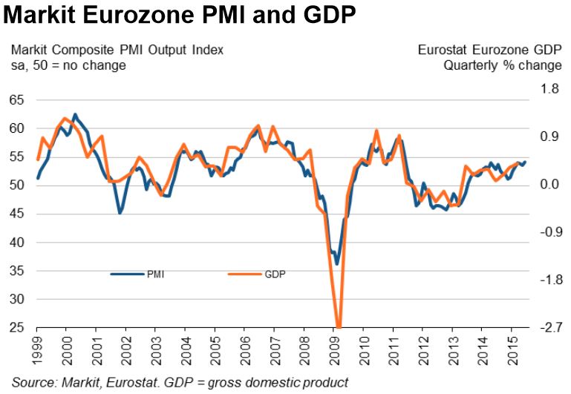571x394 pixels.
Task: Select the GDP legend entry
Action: (274, 274)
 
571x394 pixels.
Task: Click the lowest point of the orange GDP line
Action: (339, 326)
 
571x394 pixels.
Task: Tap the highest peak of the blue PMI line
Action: (75, 114)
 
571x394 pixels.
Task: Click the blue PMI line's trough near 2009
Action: (336, 263)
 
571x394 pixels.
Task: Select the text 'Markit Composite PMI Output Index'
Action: (117, 50)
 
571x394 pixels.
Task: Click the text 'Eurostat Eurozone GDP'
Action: (489, 50)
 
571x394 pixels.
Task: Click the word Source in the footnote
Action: (32, 382)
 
